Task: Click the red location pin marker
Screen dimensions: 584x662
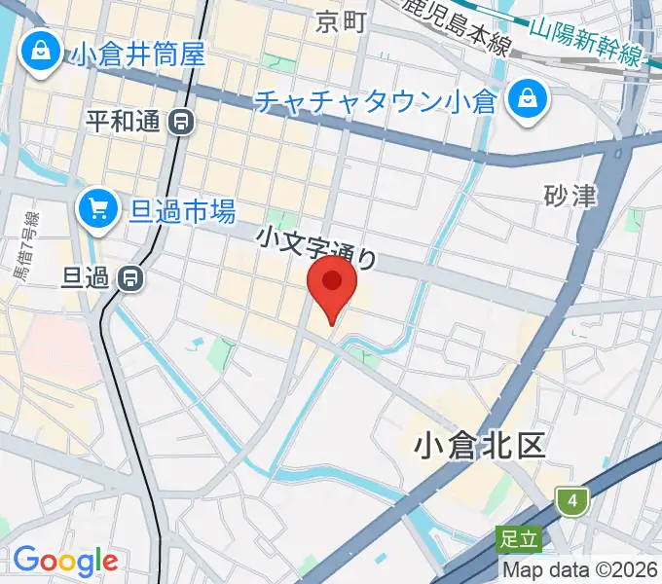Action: pos(332,283)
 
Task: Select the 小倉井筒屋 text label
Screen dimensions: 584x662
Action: pos(137,53)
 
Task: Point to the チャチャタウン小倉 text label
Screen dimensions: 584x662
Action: pos(376,101)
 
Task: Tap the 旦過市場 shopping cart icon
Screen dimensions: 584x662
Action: pos(97,207)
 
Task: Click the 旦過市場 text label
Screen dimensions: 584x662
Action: pos(183,208)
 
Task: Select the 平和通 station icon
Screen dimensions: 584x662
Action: pos(181,122)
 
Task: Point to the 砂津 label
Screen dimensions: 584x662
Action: pos(570,196)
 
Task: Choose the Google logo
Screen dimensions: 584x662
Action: pos(65,561)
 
